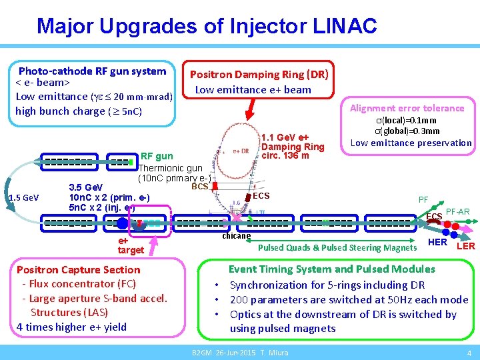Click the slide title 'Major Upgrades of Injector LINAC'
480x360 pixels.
click(x=207, y=26)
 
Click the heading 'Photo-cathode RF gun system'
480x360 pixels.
click(x=92, y=71)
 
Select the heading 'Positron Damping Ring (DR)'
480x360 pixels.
click(x=259, y=75)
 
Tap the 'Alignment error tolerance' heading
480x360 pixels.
click(x=407, y=108)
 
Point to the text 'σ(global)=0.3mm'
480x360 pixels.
click(x=411, y=131)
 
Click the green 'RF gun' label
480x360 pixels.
click(x=156, y=157)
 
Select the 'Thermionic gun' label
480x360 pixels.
click(x=170, y=169)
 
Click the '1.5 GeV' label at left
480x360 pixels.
click(x=23, y=198)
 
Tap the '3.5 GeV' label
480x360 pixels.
click(x=86, y=188)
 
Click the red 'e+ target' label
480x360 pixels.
click(x=130, y=245)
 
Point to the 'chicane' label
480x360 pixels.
click(x=236, y=236)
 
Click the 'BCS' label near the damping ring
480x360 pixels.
click(x=200, y=187)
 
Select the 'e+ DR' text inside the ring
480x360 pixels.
click(x=241, y=151)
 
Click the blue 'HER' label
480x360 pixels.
click(x=437, y=242)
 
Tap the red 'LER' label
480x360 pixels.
click(x=465, y=246)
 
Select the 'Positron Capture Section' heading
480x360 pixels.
click(x=78, y=270)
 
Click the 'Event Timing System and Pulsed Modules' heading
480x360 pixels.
click(x=331, y=269)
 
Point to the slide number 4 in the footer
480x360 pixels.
click(x=469, y=353)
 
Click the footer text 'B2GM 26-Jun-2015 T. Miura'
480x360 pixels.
click(x=240, y=353)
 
